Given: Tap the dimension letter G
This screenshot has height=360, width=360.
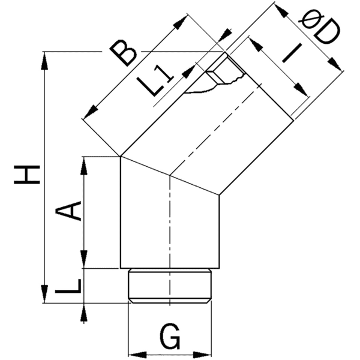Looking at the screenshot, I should (170, 338).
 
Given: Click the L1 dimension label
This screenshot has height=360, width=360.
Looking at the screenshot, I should (160, 84).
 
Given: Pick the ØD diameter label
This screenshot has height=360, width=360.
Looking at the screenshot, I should (317, 30).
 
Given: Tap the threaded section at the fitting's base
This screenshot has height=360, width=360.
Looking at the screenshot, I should (170, 285).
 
